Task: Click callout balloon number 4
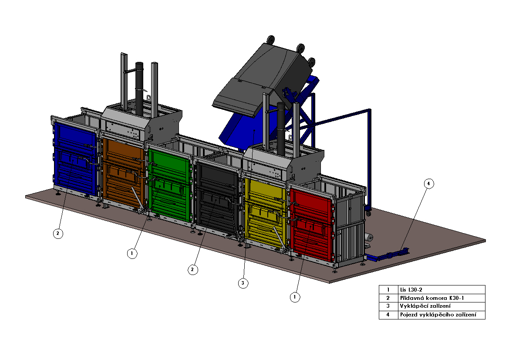click(x=428, y=183)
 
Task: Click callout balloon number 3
click(x=243, y=283)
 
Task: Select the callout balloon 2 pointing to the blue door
click(x=58, y=233)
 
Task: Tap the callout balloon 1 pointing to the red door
click(x=295, y=297)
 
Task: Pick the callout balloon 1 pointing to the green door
click(x=132, y=253)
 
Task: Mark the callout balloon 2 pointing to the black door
click(x=193, y=269)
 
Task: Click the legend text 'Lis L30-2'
click(x=411, y=289)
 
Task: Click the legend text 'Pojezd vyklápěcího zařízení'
click(x=438, y=315)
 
